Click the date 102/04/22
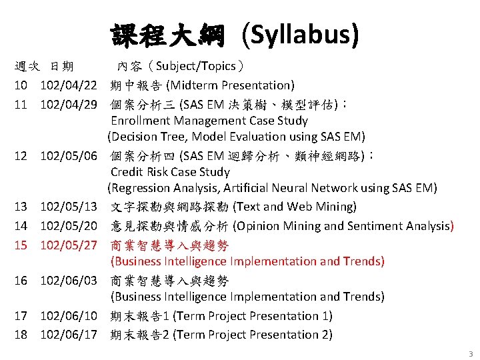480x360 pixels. point(69,85)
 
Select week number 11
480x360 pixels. point(21,104)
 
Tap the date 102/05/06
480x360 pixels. point(69,156)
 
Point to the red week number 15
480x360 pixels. point(21,245)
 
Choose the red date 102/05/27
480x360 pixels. point(69,245)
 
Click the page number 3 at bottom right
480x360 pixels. point(470,354)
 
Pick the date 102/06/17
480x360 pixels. point(69,334)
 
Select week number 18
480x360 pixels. point(21,334)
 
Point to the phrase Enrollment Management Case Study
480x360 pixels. point(209,121)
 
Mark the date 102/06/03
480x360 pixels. point(69,280)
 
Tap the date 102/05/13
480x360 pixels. point(69,207)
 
